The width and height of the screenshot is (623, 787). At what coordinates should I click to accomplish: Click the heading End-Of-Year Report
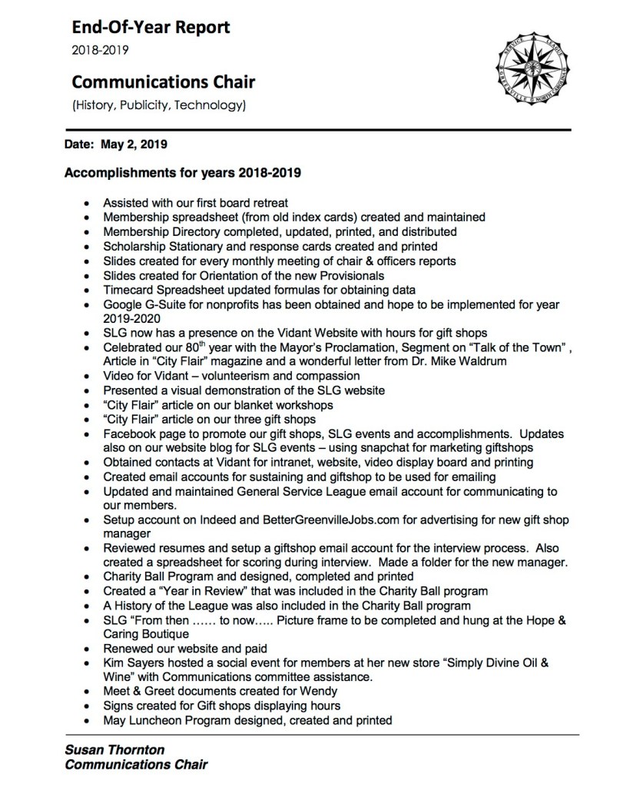pos(151,29)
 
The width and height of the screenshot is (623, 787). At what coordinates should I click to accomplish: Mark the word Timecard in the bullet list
pos(128,290)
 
